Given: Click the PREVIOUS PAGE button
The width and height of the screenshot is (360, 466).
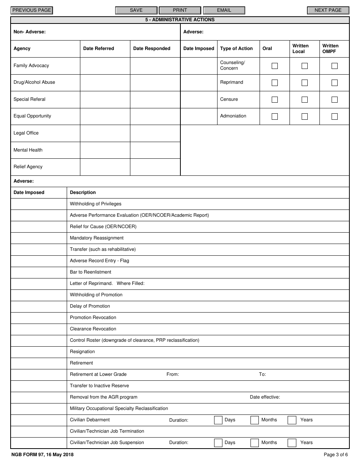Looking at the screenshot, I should tap(32, 10).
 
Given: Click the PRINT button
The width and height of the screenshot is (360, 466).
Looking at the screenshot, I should tap(180, 10).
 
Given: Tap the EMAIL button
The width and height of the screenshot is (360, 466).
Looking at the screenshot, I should tap(224, 10).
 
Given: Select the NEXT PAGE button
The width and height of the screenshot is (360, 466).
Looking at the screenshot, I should tap(328, 10).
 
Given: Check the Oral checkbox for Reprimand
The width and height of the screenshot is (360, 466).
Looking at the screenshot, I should tap(275, 83).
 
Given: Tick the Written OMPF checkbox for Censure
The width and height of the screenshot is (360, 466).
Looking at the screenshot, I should tap(335, 100).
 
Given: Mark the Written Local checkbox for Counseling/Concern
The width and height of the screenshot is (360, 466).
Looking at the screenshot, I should tap(305, 66).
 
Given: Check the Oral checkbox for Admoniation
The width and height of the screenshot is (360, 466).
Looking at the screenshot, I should tap(275, 116).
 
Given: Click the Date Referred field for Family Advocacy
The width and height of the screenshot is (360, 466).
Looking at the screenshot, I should tap(105, 66).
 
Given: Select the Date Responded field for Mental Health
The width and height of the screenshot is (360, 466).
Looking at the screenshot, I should tap(155, 150).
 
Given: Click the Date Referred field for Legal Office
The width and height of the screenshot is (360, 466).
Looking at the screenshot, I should tap(105, 133).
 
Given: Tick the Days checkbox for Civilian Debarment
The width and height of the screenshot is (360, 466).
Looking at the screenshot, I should tap(218, 420).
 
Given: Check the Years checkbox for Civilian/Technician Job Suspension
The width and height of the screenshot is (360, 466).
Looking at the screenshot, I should tap(292, 443).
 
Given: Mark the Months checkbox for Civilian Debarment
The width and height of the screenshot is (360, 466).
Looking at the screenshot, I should tap(255, 420).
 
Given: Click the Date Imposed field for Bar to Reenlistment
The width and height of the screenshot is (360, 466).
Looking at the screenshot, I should tap(39, 272).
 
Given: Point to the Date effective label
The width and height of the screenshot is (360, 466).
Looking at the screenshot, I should tap(265, 397).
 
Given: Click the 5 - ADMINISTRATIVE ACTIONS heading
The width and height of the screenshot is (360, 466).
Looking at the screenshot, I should tap(180, 20).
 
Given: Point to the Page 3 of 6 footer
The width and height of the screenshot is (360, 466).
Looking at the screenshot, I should tap(335, 455).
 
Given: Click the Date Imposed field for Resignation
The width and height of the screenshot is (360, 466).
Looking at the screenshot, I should tap(39, 352).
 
